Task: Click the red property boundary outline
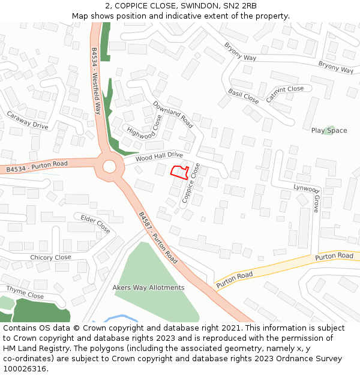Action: tap(179, 172)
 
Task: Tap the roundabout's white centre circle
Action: tap(109, 166)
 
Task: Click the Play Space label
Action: tap(329, 131)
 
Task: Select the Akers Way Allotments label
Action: tap(148, 287)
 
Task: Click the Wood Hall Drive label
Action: tap(159, 157)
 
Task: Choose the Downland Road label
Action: tap(173, 114)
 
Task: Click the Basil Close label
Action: tap(243, 96)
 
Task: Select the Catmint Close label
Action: tap(284, 95)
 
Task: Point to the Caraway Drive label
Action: tap(28, 120)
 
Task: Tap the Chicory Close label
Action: tap(50, 257)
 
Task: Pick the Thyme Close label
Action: tap(26, 292)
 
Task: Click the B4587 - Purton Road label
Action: tap(158, 238)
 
